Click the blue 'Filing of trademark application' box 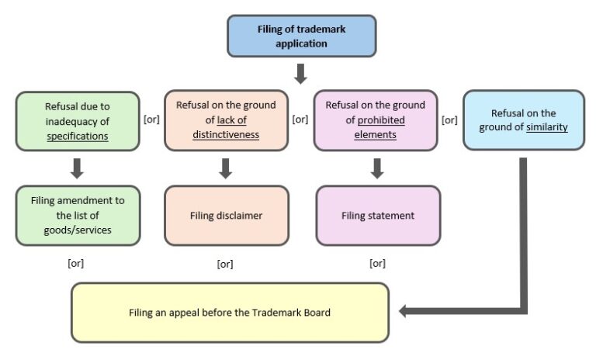302,36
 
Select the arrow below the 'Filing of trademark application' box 301,74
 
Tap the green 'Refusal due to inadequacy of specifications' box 77,120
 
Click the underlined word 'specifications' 77,135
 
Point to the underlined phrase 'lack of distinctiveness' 226,127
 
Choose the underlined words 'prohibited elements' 376,127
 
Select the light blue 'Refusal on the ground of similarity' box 523,120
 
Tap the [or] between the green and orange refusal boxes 152,120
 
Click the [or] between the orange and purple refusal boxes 300,120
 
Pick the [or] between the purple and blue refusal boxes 449,120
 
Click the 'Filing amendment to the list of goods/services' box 77,215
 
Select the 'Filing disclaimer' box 226,215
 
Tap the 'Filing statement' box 378,215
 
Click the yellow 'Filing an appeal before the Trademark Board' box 230,313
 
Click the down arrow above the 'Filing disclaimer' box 226,168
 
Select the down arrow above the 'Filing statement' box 377,168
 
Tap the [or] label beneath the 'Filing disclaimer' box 225,263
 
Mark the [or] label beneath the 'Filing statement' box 377,263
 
